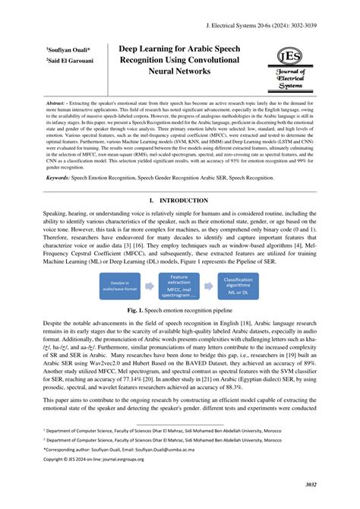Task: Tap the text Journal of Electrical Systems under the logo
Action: [x=289, y=78]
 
